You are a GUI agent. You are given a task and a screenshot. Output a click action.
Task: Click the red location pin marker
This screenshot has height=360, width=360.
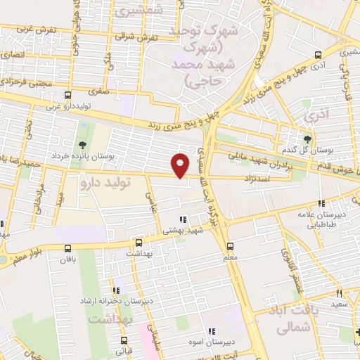(x=181, y=165)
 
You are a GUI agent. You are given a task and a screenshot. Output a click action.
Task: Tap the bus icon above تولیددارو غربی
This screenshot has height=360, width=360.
(x=67, y=96)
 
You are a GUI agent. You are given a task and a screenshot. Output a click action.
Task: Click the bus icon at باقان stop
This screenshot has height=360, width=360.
(x=67, y=247)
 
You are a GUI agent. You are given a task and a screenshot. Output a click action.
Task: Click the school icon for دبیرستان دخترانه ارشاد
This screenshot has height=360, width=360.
(x=117, y=289)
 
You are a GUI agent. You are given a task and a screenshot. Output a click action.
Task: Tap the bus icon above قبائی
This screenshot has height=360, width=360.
(x=124, y=337)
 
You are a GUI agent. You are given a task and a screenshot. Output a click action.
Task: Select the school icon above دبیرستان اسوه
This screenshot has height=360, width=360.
(x=210, y=331)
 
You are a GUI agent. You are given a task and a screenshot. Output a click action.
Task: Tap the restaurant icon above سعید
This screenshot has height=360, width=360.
(x=338, y=292)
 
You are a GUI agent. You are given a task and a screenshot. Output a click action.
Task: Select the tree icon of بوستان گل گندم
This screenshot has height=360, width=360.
(x=307, y=139)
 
